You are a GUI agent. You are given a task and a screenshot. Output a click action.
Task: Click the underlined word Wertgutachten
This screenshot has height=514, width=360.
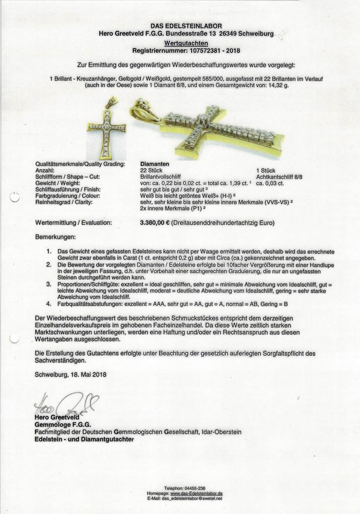[180, 44]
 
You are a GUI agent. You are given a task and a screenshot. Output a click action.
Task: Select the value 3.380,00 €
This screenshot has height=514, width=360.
[155, 222]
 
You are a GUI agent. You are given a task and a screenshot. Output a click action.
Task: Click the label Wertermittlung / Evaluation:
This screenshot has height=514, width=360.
[74, 222]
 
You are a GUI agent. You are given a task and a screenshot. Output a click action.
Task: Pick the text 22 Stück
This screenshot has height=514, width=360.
[151, 170]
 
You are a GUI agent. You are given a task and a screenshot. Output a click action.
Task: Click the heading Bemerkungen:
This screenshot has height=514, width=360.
[55, 236]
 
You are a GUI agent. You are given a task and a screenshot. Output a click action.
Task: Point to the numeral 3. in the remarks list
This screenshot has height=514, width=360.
[49, 284]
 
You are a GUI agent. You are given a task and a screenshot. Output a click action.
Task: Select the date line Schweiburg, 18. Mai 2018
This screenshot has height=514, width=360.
[71, 374]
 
